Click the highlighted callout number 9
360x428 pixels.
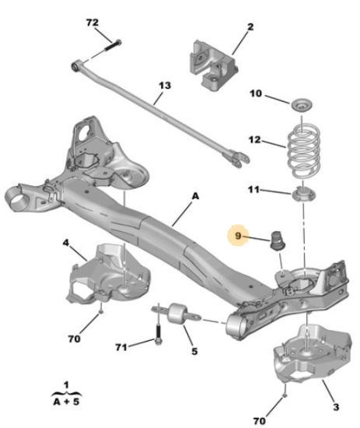pyautogui.click(x=238, y=235)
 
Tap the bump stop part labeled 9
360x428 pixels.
pyautogui.click(x=278, y=240)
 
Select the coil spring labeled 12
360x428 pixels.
pyautogui.click(x=303, y=151)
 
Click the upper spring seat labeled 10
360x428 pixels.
pyautogui.click(x=302, y=105)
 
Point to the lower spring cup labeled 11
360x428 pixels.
pyautogui.click(x=303, y=194)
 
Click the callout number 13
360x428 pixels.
pyautogui.click(x=165, y=86)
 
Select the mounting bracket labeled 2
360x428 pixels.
pyautogui.click(x=213, y=65)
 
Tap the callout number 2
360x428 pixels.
pyautogui.click(x=250, y=26)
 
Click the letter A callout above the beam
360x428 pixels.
pyautogui.click(x=195, y=196)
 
